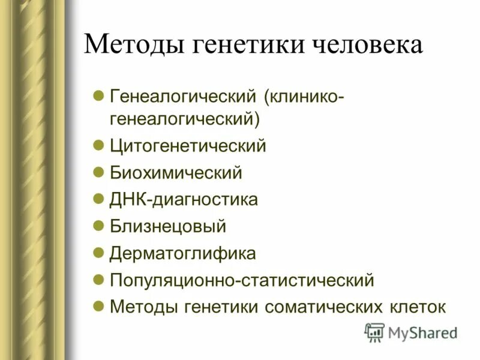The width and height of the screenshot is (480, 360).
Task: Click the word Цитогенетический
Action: click(188, 146)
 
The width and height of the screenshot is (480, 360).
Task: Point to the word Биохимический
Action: click(176, 173)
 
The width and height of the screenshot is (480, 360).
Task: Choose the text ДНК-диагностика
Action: click(184, 199)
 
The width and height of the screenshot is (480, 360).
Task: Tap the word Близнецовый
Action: click(168, 226)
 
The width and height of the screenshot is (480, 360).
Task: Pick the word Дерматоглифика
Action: click(183, 253)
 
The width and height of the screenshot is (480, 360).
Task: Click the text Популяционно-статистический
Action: click(242, 280)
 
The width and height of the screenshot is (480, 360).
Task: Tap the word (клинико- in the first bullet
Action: click(302, 96)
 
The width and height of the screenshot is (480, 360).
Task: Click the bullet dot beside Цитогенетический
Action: click(100, 145)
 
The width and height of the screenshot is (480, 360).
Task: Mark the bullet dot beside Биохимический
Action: click(100, 172)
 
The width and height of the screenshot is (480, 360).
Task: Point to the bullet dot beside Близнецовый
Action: click(100, 226)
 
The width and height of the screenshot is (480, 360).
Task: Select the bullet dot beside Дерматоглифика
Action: click(100, 252)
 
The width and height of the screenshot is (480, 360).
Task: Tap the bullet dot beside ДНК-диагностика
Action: click(100, 199)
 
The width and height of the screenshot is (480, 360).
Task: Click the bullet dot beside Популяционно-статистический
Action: click(100, 279)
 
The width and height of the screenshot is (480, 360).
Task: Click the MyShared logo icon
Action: click(374, 332)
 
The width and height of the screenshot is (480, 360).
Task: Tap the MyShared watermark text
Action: click(422, 333)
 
